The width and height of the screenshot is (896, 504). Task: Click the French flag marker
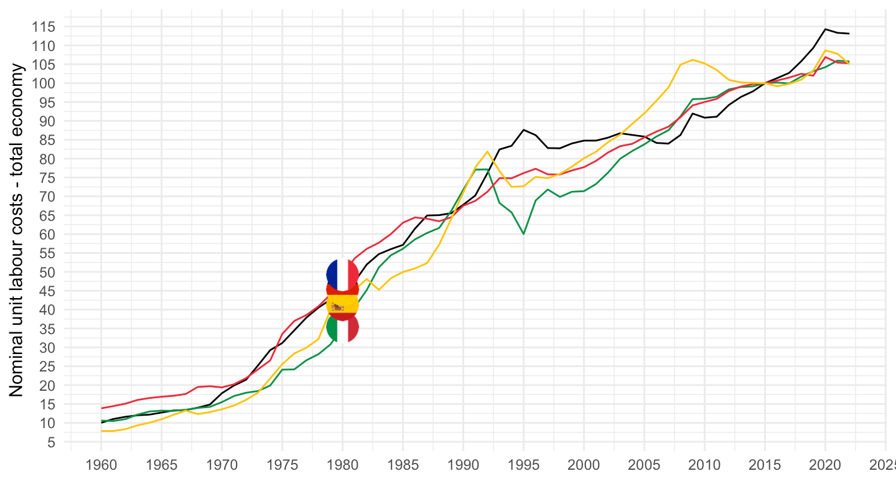342,274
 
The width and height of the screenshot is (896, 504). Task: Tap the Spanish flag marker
342,304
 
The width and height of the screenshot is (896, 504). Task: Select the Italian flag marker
342,328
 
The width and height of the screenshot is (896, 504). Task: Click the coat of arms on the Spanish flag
337,306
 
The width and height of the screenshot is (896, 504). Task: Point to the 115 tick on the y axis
49,27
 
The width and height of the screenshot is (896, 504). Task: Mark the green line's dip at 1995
523,234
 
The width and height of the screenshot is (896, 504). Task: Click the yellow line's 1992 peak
487,151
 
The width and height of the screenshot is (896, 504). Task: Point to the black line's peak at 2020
825,29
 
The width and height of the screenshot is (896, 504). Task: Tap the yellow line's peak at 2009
693,60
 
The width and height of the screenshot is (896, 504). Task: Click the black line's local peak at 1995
523,129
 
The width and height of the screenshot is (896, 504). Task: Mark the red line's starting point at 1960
101,408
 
